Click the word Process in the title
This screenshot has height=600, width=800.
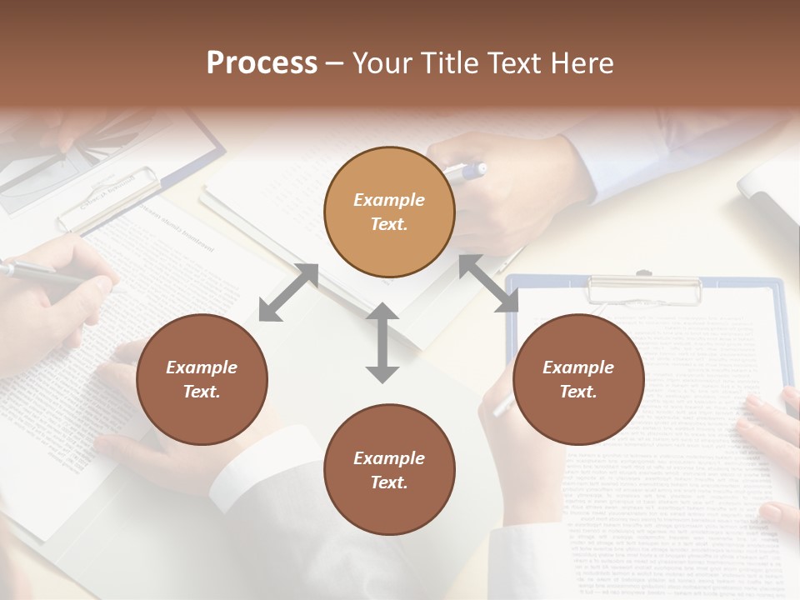tap(262, 63)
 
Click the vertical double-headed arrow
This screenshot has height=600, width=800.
tap(382, 342)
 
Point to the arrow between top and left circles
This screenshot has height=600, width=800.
tap(288, 292)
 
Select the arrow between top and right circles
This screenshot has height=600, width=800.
tap(488, 284)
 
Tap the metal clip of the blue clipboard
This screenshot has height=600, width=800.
tap(644, 288)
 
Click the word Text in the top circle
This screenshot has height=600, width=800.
tap(388, 224)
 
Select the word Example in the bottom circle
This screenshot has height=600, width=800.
tap(389, 458)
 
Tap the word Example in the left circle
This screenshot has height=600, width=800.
tap(202, 367)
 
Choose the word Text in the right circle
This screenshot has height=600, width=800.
tap(578, 392)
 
